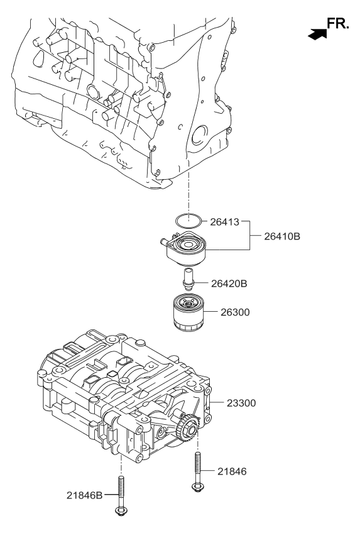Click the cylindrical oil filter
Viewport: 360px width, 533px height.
[185, 312]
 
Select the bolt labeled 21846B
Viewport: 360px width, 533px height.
[119, 497]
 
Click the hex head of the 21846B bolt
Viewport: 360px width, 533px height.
[119, 512]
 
